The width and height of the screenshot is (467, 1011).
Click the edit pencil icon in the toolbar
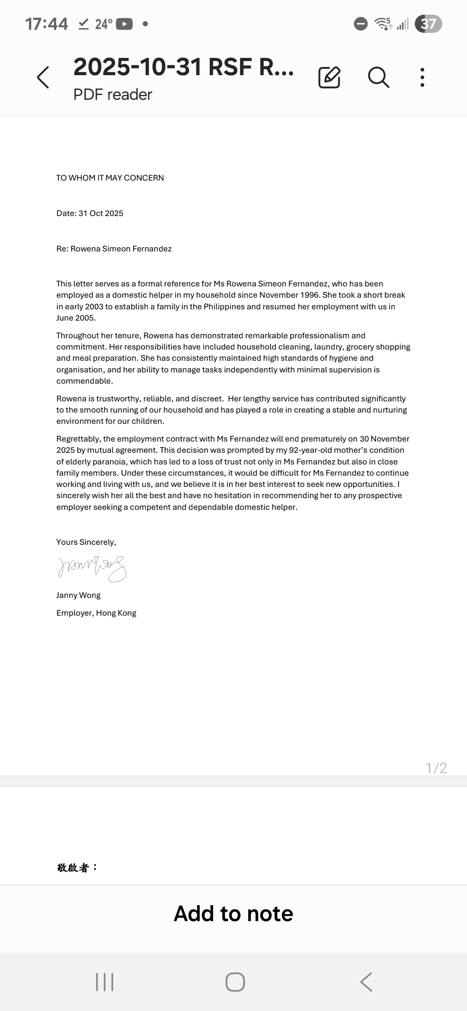coord(329,78)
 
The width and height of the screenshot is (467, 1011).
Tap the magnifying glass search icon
coord(379,78)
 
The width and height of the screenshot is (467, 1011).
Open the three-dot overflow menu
coord(422,78)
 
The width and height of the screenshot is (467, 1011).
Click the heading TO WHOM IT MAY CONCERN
coord(110,178)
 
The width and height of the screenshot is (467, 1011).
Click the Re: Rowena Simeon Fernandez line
coord(114,249)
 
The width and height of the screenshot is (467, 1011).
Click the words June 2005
coord(76,318)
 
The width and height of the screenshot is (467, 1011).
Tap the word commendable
coord(84,381)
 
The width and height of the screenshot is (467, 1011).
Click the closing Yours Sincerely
coord(86,542)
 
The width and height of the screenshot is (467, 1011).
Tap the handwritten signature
coord(92,568)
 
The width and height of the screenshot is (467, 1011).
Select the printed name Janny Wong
coord(78,595)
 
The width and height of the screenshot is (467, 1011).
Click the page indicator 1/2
coord(436,768)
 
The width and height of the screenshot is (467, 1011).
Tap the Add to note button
coord(233,914)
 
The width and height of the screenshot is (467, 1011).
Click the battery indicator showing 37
coord(428,24)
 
